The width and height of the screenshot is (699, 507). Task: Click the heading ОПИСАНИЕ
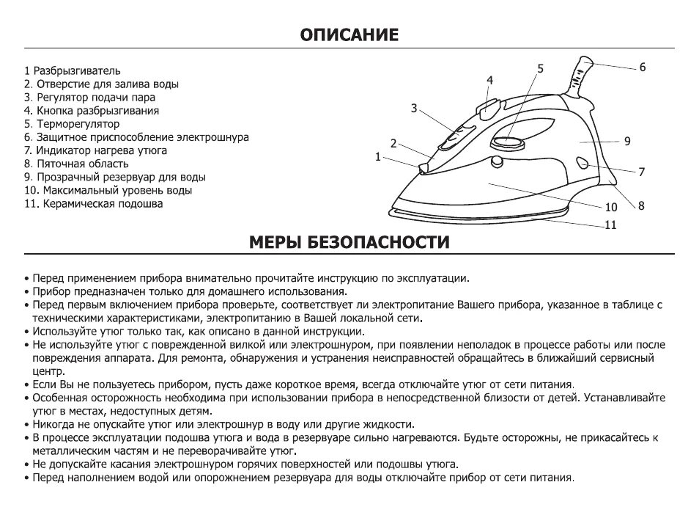pos(349,34)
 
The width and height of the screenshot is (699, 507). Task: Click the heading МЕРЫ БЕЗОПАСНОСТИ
pos(349,241)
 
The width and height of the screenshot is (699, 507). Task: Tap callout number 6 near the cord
pos(642,68)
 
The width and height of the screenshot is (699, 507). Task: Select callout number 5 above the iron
pos(540,68)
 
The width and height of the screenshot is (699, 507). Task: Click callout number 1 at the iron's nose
pos(378,156)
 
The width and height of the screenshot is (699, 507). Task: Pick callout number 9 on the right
pos(627,142)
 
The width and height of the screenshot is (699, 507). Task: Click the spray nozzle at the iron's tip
pos(423,169)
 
